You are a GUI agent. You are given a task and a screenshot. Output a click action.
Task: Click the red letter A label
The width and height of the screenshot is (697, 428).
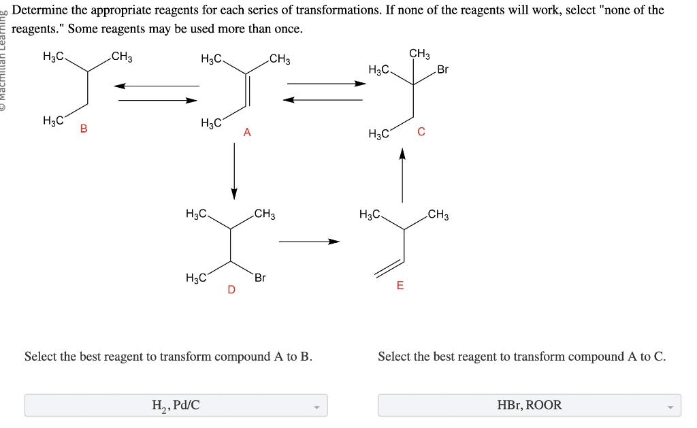(247, 133)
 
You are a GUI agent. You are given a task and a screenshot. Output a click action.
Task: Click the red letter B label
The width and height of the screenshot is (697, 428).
(84, 128)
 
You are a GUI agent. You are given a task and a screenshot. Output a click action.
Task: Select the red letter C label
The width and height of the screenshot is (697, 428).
(421, 132)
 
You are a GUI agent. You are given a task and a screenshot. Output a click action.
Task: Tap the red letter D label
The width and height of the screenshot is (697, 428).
(231, 291)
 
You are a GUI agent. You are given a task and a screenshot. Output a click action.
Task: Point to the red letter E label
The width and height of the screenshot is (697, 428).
(400, 286)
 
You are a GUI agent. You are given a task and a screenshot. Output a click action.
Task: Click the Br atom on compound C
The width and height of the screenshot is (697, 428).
(442, 69)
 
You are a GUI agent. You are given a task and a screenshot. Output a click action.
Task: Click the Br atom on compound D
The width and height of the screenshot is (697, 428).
(260, 278)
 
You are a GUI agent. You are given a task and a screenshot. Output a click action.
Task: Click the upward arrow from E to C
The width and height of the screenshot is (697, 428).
(402, 176)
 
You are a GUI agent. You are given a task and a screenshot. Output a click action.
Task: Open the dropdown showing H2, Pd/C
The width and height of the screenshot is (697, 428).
(176, 406)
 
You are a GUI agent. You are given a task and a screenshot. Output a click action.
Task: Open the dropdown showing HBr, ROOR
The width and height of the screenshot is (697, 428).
(529, 406)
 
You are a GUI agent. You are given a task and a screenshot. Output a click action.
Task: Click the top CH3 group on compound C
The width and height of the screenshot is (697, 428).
(419, 54)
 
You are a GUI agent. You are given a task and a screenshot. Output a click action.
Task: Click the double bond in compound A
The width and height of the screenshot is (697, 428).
(248, 88)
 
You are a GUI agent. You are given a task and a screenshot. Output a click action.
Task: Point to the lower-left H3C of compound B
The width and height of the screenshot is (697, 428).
(53, 121)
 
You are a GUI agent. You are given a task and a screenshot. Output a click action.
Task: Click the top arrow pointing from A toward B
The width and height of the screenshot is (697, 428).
(157, 86)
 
